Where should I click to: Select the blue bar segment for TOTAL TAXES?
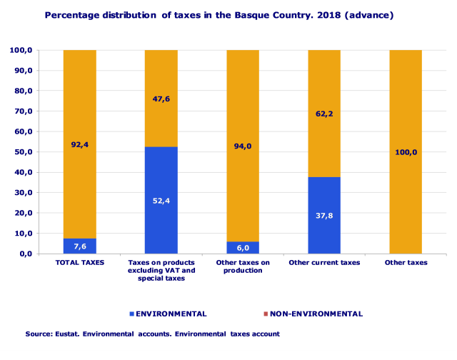pyautogui.click(x=79, y=246)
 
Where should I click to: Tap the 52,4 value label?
pyautogui.click(x=161, y=201)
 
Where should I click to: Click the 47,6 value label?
pyautogui.click(x=161, y=99)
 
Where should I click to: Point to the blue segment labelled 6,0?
pyautogui.click(x=243, y=247)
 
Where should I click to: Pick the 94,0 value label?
pyautogui.click(x=243, y=146)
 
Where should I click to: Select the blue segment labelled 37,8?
pyautogui.click(x=324, y=215)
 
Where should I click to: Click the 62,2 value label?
pyautogui.click(x=324, y=113)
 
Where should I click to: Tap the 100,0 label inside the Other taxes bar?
pyautogui.click(x=405, y=151)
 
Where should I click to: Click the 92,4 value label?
pyautogui.click(x=79, y=144)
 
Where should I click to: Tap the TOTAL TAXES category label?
pyautogui.click(x=80, y=263)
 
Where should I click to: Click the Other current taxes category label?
pyautogui.click(x=324, y=263)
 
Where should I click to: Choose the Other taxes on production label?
pyautogui.click(x=243, y=266)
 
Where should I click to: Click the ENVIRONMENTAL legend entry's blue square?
pyautogui.click(x=131, y=314)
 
